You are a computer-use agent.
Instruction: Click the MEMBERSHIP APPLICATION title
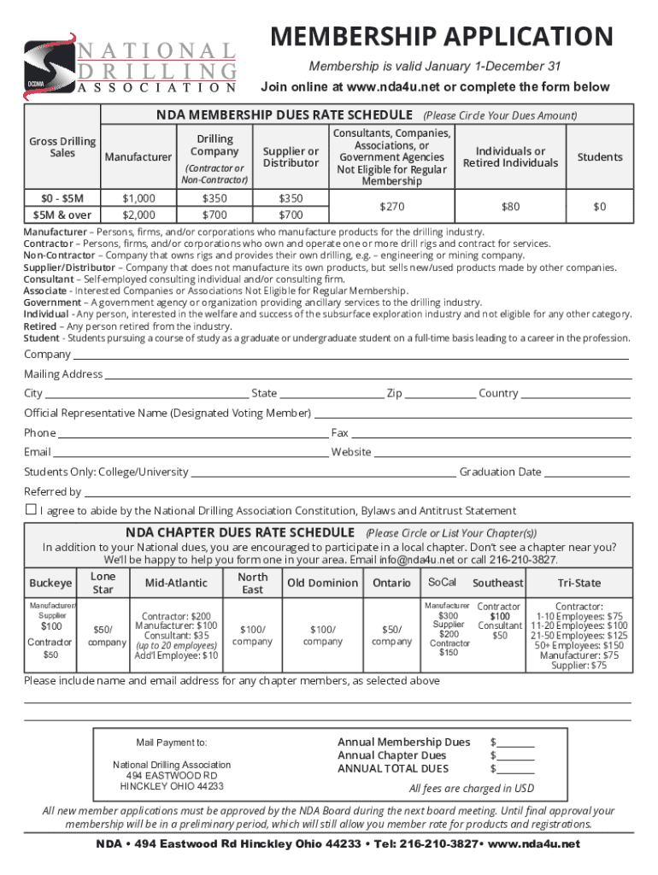pyautogui.click(x=442, y=37)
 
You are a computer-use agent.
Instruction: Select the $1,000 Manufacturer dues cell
pyautogui.click(x=138, y=198)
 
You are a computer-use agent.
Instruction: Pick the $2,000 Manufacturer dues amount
pyautogui.click(x=138, y=214)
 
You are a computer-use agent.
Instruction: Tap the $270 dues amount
pyautogui.click(x=391, y=207)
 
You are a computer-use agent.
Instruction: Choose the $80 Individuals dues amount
pyautogui.click(x=510, y=207)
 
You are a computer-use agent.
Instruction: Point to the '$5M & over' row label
pyautogui.click(x=62, y=214)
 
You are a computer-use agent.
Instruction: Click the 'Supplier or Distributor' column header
pyautogui.click(x=291, y=157)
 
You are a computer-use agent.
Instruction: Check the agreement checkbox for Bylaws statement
pyautogui.click(x=31, y=509)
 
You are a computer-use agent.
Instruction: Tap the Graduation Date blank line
pyautogui.click(x=587, y=473)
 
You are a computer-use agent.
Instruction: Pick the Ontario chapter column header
pyautogui.click(x=391, y=583)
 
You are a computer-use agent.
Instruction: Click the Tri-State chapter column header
pyautogui.click(x=579, y=583)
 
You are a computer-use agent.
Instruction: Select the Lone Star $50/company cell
pyautogui.click(x=103, y=635)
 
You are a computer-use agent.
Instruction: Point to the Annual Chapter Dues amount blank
pyautogui.click(x=515, y=756)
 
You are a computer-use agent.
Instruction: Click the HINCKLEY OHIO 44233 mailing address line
pyautogui.click(x=172, y=786)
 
